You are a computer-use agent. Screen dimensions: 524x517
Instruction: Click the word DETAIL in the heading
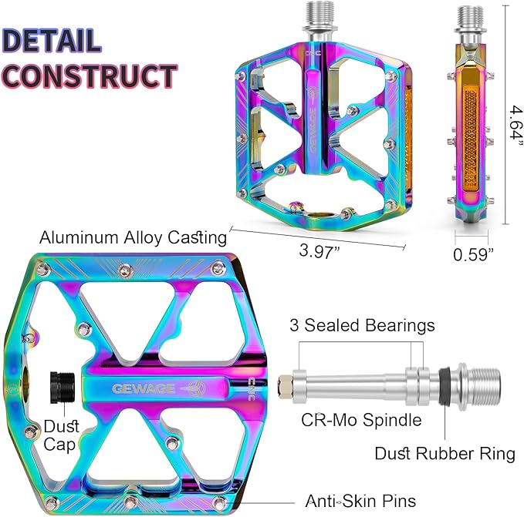[52, 41]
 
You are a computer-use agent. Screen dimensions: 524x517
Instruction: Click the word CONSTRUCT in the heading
[90, 76]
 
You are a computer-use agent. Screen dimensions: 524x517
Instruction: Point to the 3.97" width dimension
[319, 251]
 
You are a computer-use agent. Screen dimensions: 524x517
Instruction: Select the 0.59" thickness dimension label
[473, 254]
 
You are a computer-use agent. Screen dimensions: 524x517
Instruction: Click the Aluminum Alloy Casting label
[133, 238]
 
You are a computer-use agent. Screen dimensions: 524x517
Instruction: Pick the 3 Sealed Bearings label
[362, 325]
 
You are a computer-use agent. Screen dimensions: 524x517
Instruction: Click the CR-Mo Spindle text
[361, 420]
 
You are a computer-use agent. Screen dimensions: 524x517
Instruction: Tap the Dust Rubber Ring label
[445, 454]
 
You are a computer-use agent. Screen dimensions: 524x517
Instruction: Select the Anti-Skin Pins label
[360, 501]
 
